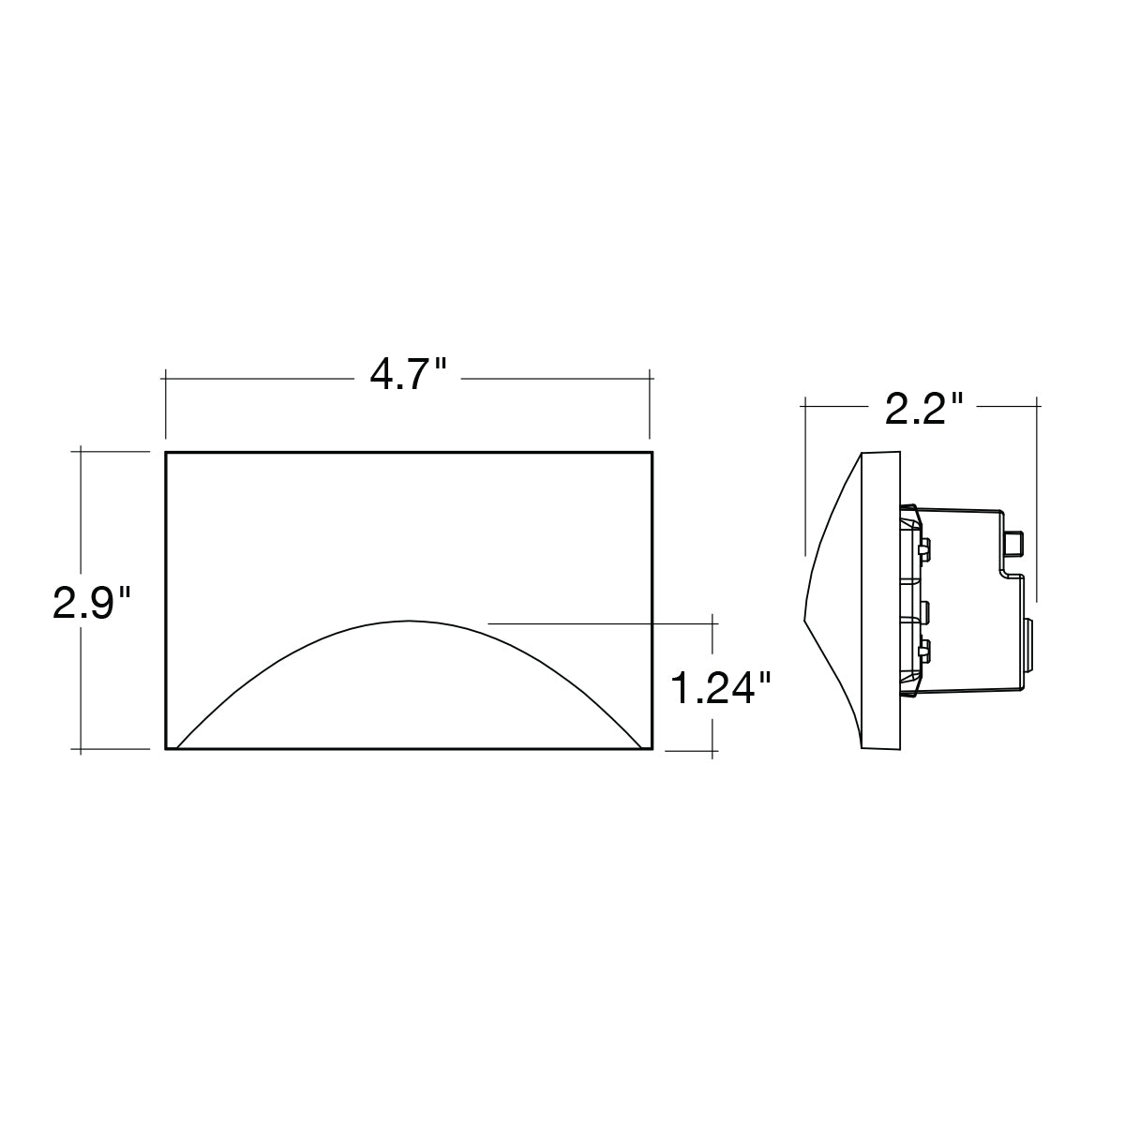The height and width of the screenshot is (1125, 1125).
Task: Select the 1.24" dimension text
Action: (x=722, y=688)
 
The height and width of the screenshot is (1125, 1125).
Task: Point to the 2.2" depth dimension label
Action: (x=923, y=408)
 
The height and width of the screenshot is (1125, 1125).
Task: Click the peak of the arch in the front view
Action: (x=409, y=621)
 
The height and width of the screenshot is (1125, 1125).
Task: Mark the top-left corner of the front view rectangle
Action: (x=166, y=453)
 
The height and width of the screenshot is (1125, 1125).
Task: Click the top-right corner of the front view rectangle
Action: (x=652, y=453)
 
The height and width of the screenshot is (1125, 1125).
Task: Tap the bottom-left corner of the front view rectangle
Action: (x=166, y=748)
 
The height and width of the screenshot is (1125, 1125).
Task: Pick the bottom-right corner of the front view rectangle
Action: (x=652, y=748)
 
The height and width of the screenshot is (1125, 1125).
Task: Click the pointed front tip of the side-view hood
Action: (x=804, y=619)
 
